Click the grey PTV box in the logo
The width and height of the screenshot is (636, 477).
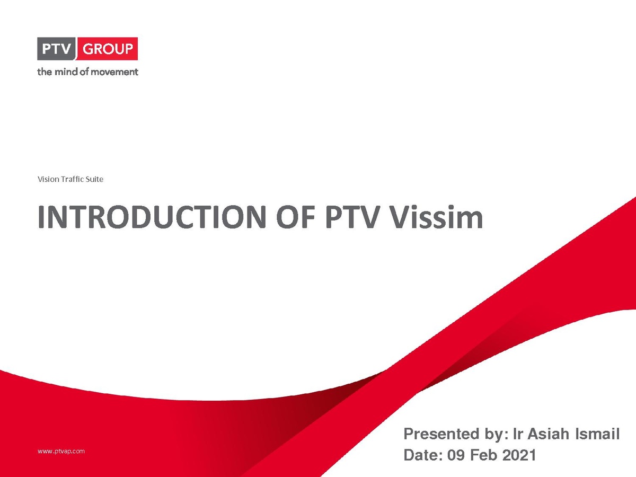pyautogui.click(x=57, y=49)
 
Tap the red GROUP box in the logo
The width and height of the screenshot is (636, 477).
pyautogui.click(x=107, y=49)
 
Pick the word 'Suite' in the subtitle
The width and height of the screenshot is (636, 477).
pyautogui.click(x=94, y=179)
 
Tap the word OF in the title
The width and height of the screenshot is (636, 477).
pyautogui.click(x=296, y=217)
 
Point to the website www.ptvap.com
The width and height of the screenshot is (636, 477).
pyautogui.click(x=61, y=452)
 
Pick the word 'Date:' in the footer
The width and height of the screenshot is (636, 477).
pyautogui.click(x=423, y=455)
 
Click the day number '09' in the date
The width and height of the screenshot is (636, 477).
pyautogui.click(x=456, y=455)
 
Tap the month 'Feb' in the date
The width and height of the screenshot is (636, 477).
pyautogui.click(x=483, y=455)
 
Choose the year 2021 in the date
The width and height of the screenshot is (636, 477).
pyautogui.click(x=519, y=455)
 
